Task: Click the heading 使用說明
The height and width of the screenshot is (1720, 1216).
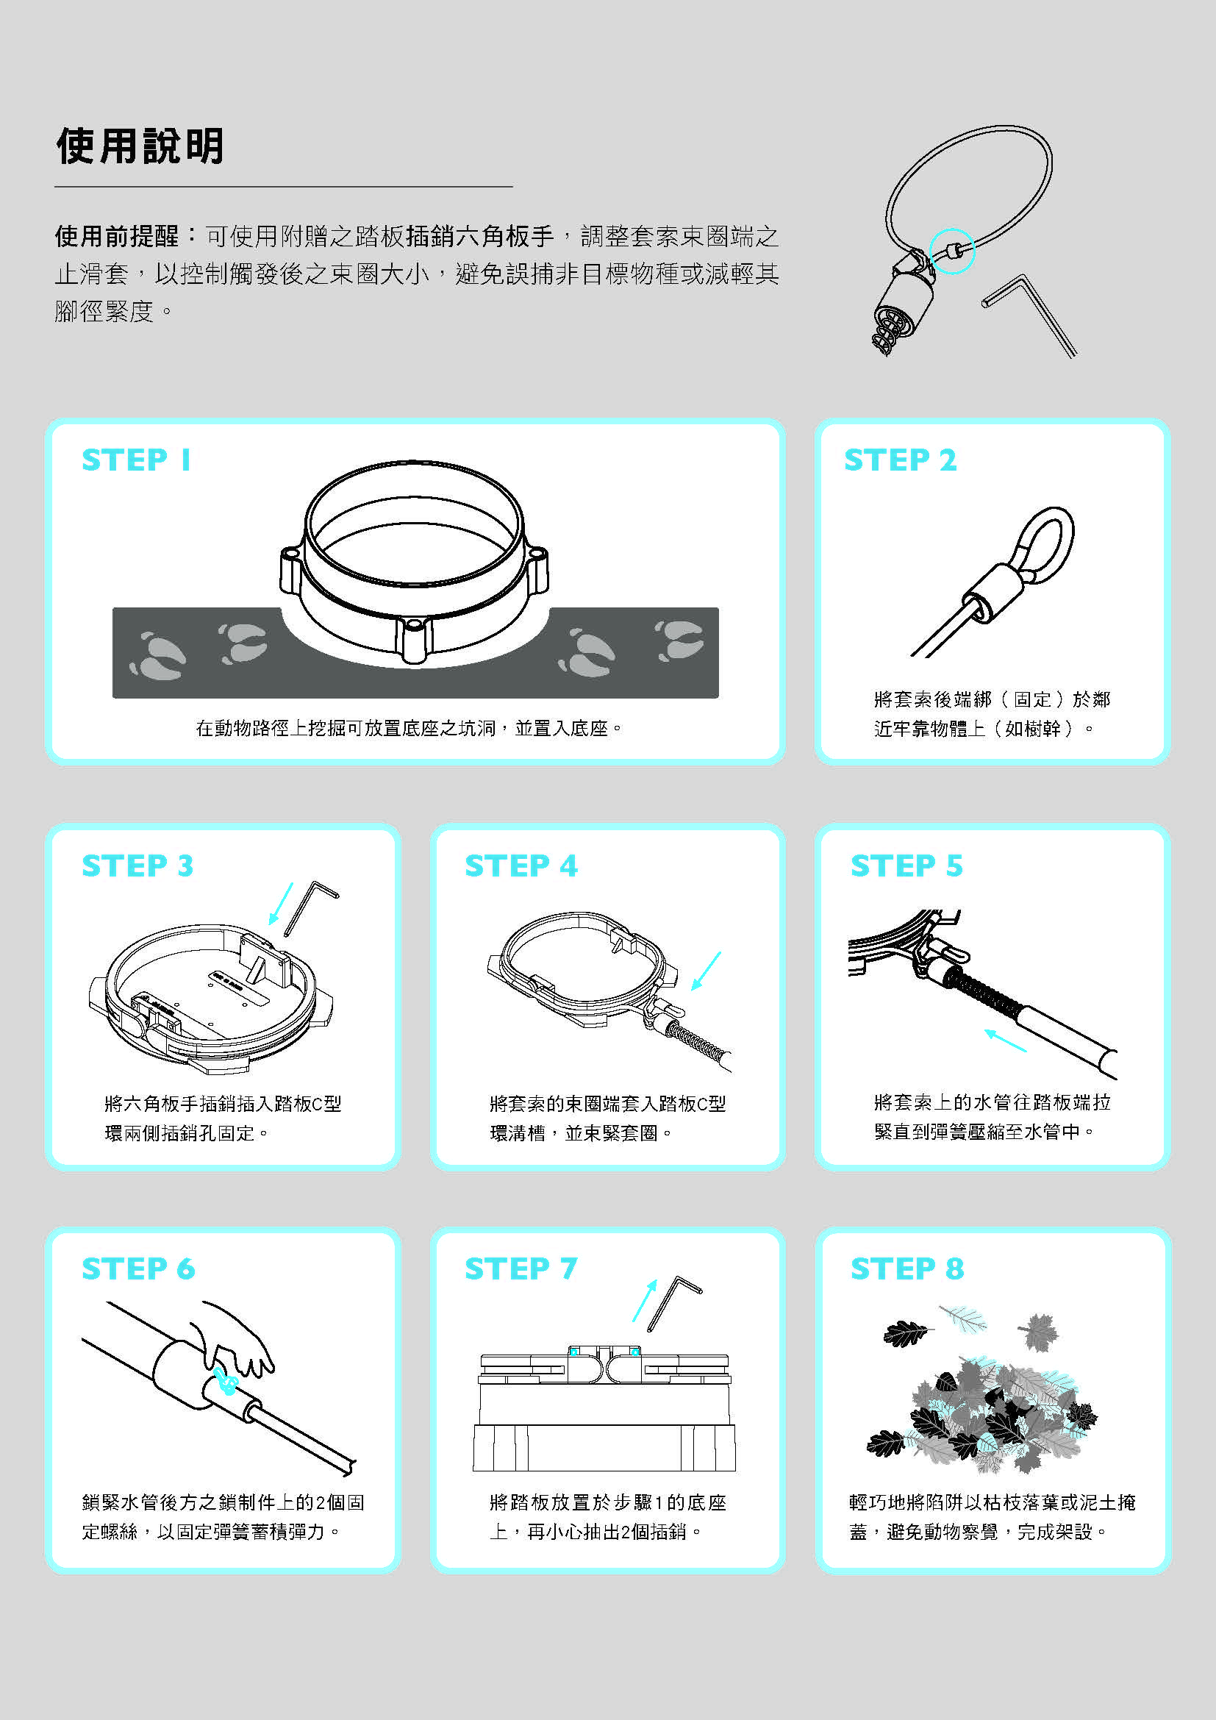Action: tap(140, 146)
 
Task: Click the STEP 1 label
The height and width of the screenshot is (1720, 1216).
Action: tap(136, 459)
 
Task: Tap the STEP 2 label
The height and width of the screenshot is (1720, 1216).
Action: tap(900, 459)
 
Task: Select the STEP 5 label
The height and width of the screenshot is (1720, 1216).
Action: tap(906, 866)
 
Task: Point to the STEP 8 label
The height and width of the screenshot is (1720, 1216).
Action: tap(907, 1268)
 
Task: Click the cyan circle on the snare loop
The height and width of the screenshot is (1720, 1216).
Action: tap(951, 251)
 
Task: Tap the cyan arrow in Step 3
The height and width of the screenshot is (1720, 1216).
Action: tap(282, 904)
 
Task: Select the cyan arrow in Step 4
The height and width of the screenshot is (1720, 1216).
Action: tap(706, 971)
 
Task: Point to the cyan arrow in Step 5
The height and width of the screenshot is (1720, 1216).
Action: tap(1006, 1041)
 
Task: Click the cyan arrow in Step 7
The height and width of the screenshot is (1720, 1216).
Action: tap(645, 1299)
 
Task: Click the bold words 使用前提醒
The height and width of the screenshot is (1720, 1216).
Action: tap(117, 236)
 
